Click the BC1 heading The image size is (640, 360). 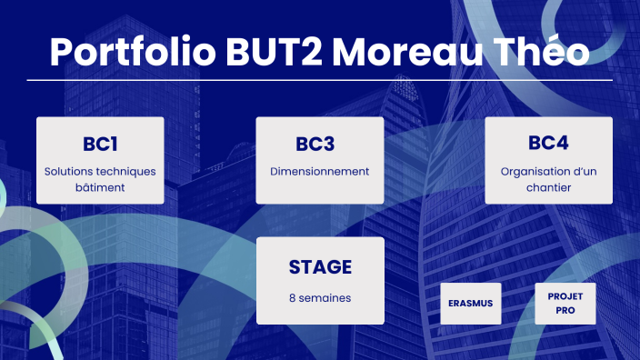(100, 144)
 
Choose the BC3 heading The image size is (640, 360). (319, 144)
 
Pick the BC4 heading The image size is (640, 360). (548, 144)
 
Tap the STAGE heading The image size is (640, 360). (320, 266)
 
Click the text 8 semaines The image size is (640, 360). (320, 297)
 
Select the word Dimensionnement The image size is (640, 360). (320, 171)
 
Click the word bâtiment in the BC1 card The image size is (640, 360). (100, 188)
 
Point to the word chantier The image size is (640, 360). (548, 188)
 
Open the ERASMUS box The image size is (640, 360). (470, 304)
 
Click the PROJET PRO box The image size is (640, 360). (565, 304)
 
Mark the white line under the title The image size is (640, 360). (320, 80)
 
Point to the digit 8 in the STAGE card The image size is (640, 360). (293, 297)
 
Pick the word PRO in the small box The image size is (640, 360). (565, 311)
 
